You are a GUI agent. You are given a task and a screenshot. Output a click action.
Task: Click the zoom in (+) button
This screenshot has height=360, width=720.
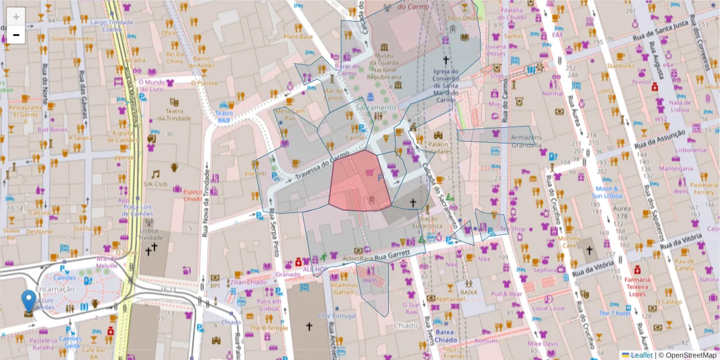(16, 17)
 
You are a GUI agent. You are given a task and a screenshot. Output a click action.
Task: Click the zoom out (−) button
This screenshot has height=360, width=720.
(16, 35)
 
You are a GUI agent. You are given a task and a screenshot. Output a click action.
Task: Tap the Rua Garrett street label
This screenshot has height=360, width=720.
(392, 256)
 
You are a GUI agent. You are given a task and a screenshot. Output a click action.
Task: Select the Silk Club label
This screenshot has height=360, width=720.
(155, 184)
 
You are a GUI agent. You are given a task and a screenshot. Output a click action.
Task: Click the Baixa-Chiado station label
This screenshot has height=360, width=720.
(445, 335)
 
